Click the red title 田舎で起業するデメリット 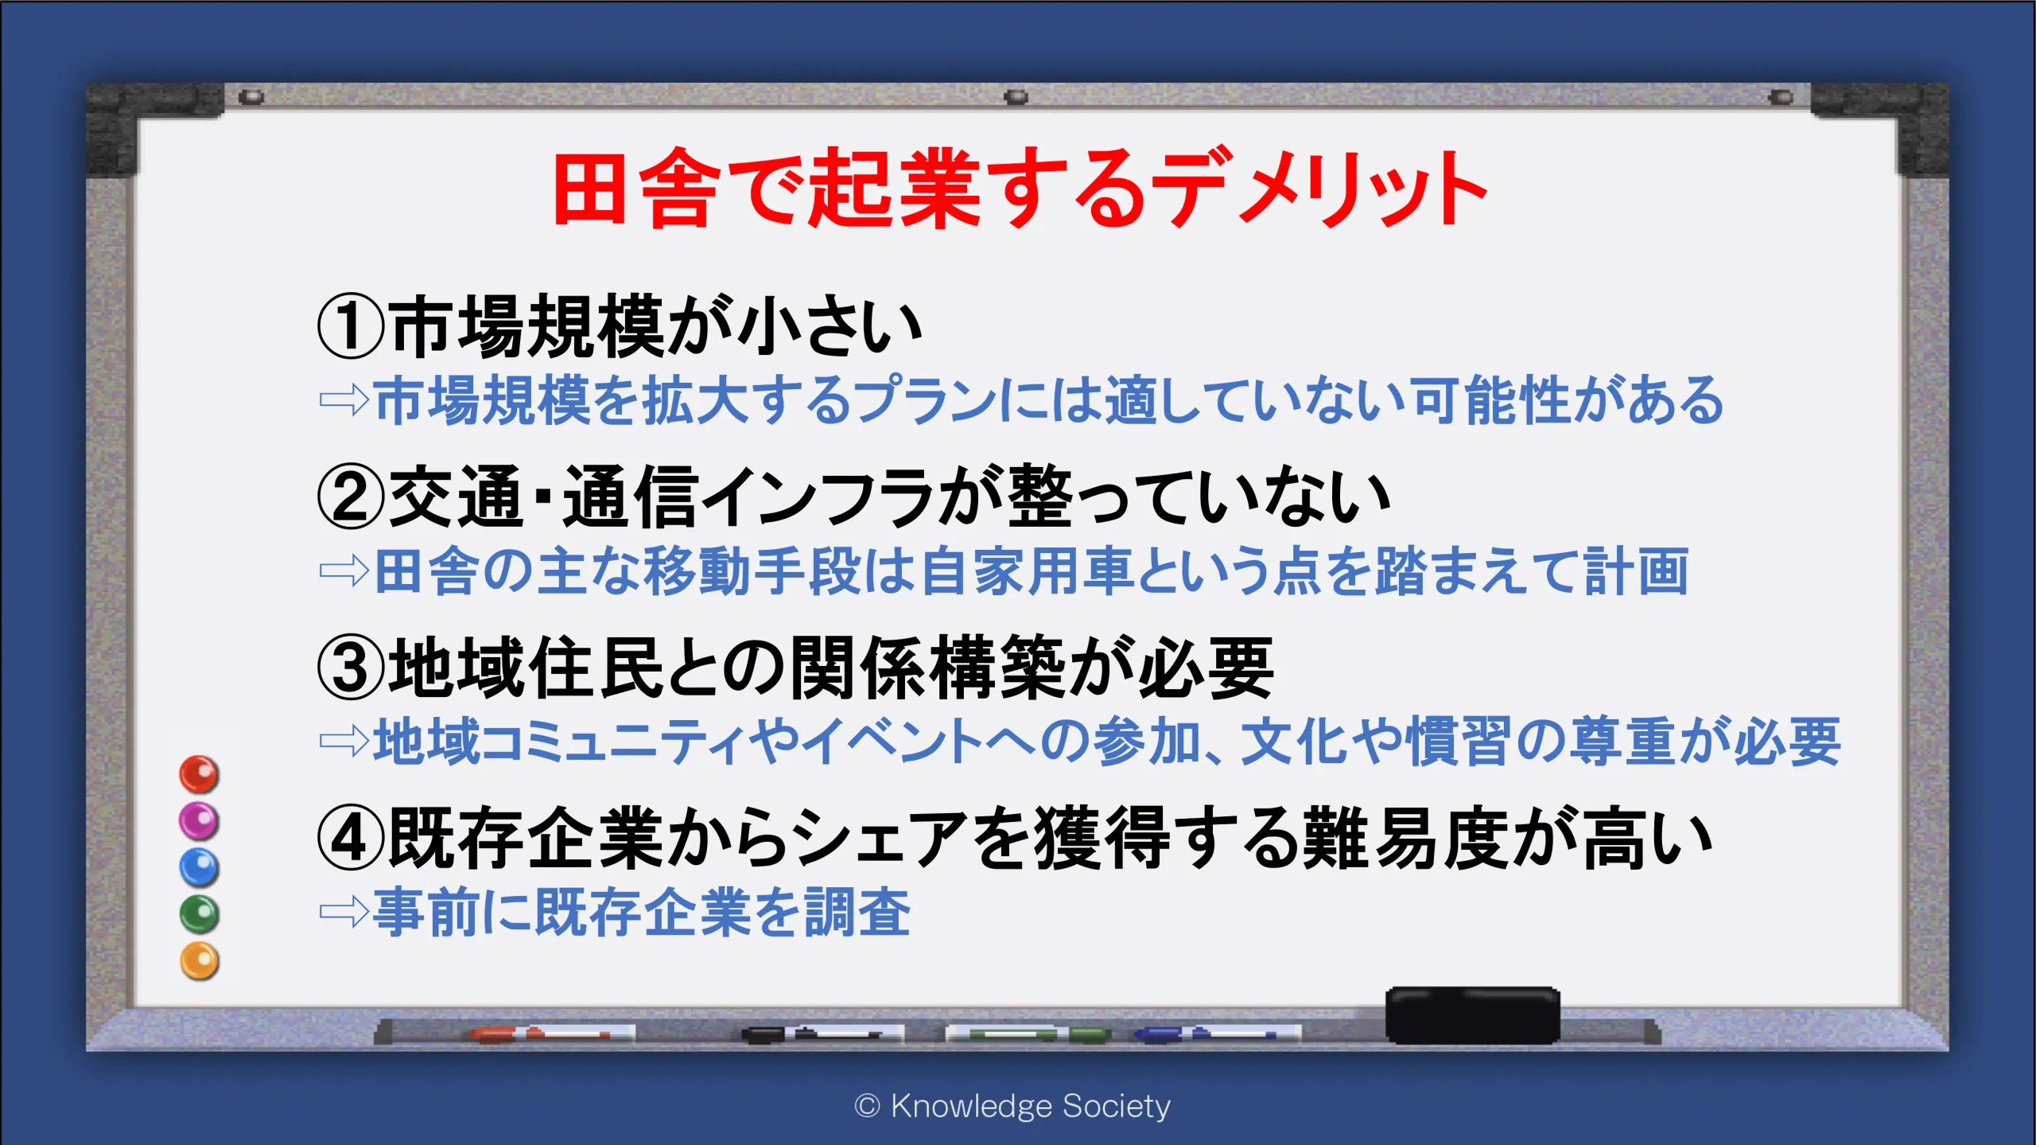tap(1020, 188)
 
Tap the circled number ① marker tap(351, 326)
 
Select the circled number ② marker tap(351, 497)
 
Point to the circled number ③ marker tap(351, 668)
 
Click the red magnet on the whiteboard tap(199, 774)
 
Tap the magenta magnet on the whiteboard tap(199, 820)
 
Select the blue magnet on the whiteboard tap(199, 867)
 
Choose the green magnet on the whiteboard tap(199, 913)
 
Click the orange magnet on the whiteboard tap(199, 960)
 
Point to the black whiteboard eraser tap(1472, 1015)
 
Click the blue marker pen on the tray tap(1217, 1034)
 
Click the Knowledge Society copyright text tap(1012, 1106)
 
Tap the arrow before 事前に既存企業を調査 tap(344, 913)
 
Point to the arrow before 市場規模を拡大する tap(344, 400)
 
